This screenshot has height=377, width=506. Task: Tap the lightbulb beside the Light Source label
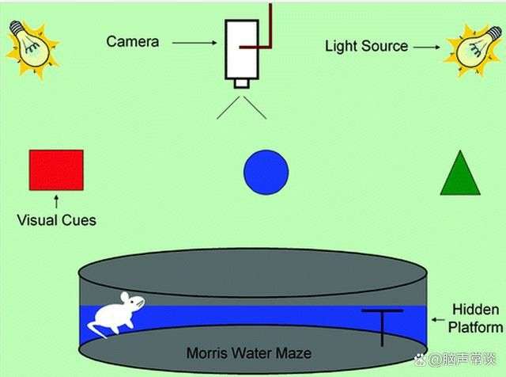pos(474,49)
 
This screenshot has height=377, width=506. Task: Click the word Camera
pos(133,42)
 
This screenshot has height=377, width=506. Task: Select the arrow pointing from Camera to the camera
pos(194,43)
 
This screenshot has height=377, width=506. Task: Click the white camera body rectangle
pos(242,49)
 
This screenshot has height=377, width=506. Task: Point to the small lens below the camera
pos(242,83)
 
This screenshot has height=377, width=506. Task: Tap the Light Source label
pos(366,46)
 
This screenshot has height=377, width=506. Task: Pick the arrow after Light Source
pos(427,48)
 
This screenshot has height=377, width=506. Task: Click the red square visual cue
pos(56,170)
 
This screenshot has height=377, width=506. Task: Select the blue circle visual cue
pos(266,173)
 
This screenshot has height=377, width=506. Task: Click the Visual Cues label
pos(56,220)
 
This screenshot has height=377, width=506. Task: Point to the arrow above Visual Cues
pos(56,201)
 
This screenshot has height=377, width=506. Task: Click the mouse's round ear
pos(125,297)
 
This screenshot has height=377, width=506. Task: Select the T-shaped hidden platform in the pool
pos(383,327)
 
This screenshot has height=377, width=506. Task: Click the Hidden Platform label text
pos(476,318)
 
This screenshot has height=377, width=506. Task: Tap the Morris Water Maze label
pos(249,352)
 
